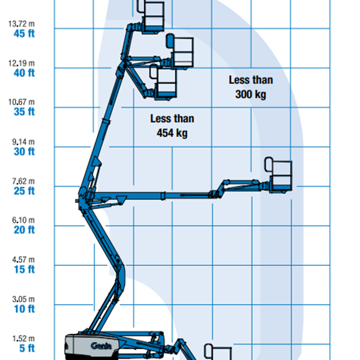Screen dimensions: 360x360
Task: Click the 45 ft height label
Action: (x=25, y=33)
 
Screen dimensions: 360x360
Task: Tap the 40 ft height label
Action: (x=25, y=73)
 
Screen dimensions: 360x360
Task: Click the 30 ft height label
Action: (x=25, y=151)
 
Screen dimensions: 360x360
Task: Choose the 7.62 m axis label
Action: (x=23, y=181)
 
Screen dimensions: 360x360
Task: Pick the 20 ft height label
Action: (x=25, y=230)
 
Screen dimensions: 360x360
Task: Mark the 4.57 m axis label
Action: (x=23, y=259)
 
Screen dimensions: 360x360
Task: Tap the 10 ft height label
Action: (x=25, y=308)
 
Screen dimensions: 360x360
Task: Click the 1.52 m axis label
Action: (x=23, y=338)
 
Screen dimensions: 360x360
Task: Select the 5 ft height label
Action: (x=27, y=348)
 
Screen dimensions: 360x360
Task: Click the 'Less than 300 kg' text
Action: (x=251, y=87)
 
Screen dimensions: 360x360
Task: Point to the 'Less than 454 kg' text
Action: (x=172, y=126)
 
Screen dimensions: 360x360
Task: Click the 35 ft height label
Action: (x=25, y=112)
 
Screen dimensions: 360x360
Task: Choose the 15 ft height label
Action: (x=25, y=269)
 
